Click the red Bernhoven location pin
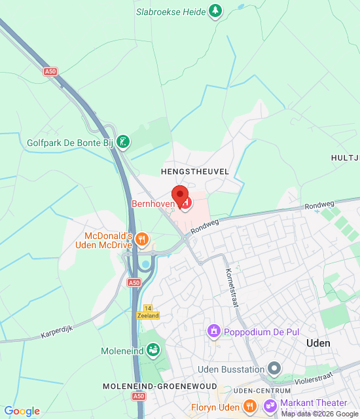[179, 194]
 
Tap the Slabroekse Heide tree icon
[215, 10]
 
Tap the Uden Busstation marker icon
[274, 369]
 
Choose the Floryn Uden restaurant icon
[248, 407]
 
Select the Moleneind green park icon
[153, 351]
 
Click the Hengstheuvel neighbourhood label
[195, 171]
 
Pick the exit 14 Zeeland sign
[148, 312]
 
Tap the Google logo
[22, 411]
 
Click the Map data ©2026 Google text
[319, 414]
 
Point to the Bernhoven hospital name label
[153, 204]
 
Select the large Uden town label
[318, 343]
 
